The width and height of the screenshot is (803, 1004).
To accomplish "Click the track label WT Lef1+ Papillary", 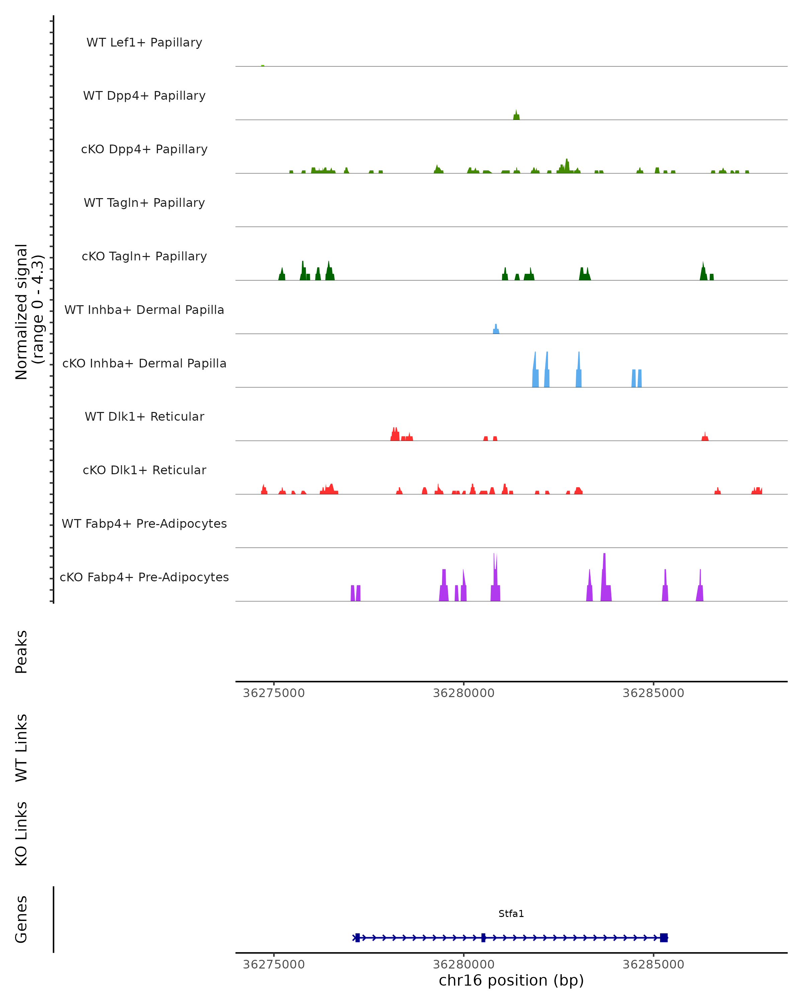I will pyautogui.click(x=144, y=43).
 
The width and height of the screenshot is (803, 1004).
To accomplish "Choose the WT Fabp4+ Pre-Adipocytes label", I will pyautogui.click(x=144, y=523).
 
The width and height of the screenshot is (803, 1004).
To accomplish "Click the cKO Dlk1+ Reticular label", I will pyautogui.click(x=144, y=470).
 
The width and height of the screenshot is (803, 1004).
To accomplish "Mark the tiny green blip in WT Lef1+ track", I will pyautogui.click(x=263, y=66).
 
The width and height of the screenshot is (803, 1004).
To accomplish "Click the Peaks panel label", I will pyautogui.click(x=21, y=652).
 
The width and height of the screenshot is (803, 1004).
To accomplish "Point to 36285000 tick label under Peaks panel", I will pyautogui.click(x=653, y=693).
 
